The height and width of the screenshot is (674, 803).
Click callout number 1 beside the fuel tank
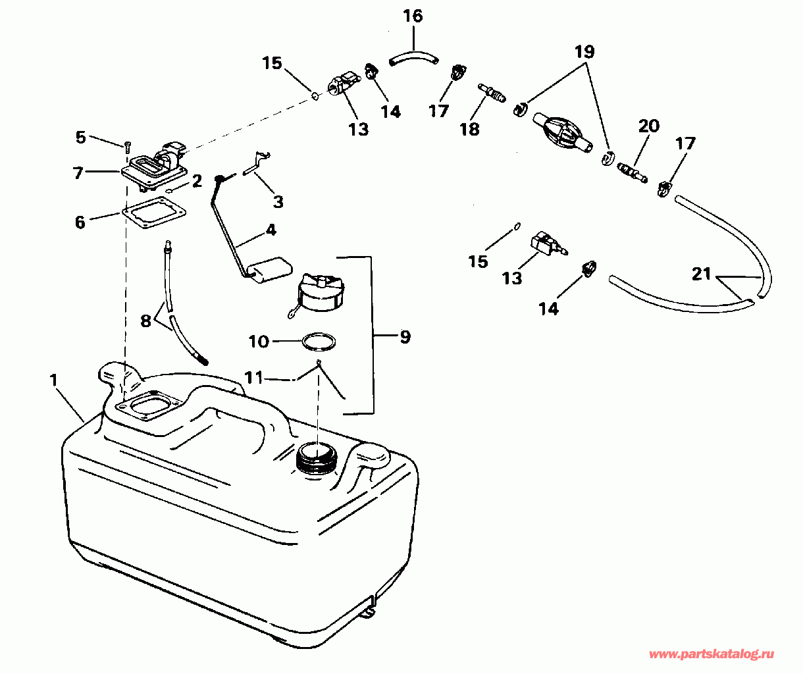[53, 380]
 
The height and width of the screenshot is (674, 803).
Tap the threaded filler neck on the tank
[315, 458]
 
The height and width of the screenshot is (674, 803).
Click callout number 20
[648, 126]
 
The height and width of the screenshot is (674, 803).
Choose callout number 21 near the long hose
[702, 273]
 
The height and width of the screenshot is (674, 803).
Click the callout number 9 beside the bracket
[405, 337]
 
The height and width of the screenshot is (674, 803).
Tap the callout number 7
[78, 173]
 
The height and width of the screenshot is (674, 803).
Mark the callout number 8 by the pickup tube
[145, 321]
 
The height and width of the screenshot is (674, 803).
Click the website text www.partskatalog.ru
[712, 654]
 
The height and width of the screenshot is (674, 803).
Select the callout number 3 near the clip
[278, 201]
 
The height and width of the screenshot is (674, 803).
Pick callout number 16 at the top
[413, 16]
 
